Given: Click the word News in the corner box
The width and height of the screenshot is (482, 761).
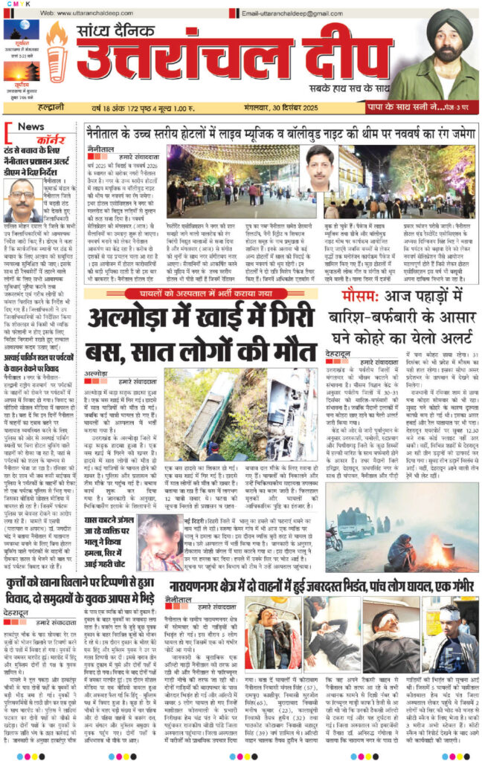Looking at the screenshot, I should [x=30, y=126].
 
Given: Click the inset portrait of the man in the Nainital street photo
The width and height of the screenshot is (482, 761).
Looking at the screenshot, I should [x=321, y=168].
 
